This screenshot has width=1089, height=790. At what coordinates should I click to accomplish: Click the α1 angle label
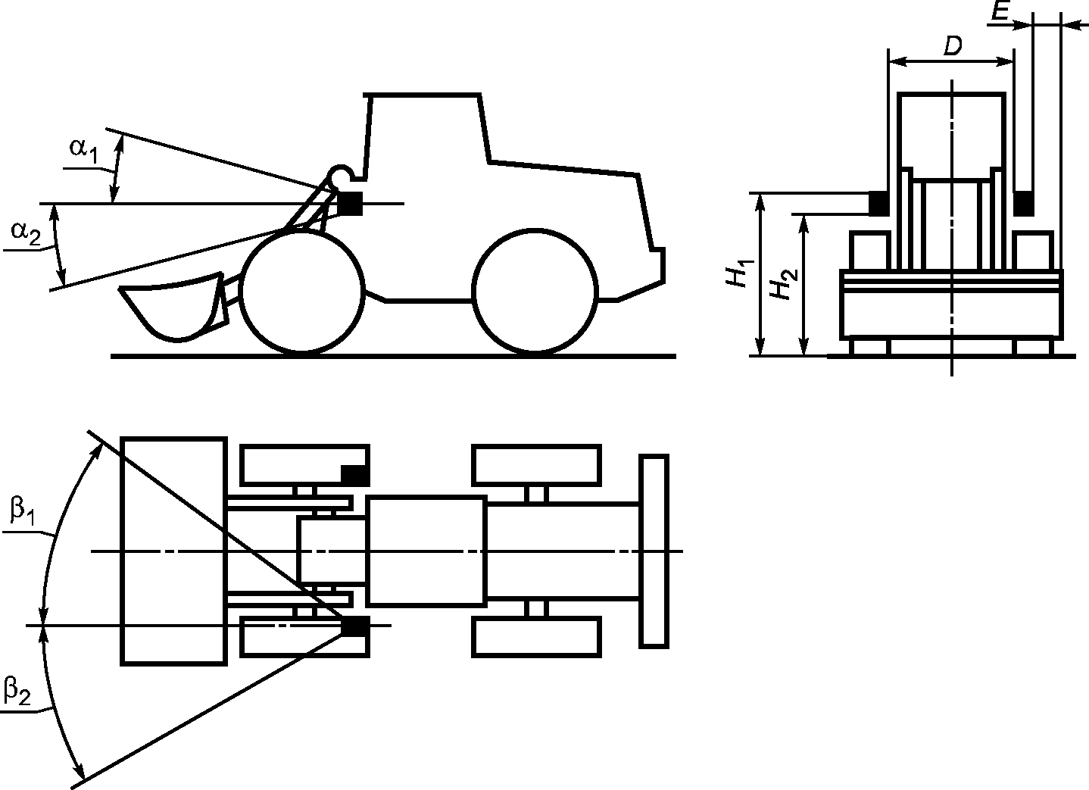(x=84, y=150)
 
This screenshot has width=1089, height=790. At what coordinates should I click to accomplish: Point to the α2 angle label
(x=25, y=233)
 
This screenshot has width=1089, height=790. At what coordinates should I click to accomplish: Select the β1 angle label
(x=22, y=513)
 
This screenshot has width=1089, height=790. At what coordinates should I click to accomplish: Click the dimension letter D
(x=952, y=47)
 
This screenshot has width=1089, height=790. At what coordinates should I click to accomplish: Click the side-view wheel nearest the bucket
(x=301, y=292)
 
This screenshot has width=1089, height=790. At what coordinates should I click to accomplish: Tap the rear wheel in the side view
(x=535, y=292)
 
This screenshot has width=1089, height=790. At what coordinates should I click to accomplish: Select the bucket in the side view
(x=173, y=307)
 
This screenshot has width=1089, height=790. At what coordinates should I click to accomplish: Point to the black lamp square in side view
(x=350, y=203)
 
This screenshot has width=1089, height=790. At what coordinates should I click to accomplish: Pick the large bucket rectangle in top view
(x=174, y=551)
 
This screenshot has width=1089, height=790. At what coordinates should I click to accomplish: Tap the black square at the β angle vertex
(x=354, y=626)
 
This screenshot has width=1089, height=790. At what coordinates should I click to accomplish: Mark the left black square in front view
(x=878, y=203)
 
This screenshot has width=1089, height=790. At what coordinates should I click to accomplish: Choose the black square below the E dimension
(x=1024, y=202)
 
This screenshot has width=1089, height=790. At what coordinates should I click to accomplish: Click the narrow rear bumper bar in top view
(x=654, y=551)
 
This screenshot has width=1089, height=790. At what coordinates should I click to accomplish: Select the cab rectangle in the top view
(x=426, y=551)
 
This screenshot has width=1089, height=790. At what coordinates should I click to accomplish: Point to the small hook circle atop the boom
(x=340, y=176)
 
